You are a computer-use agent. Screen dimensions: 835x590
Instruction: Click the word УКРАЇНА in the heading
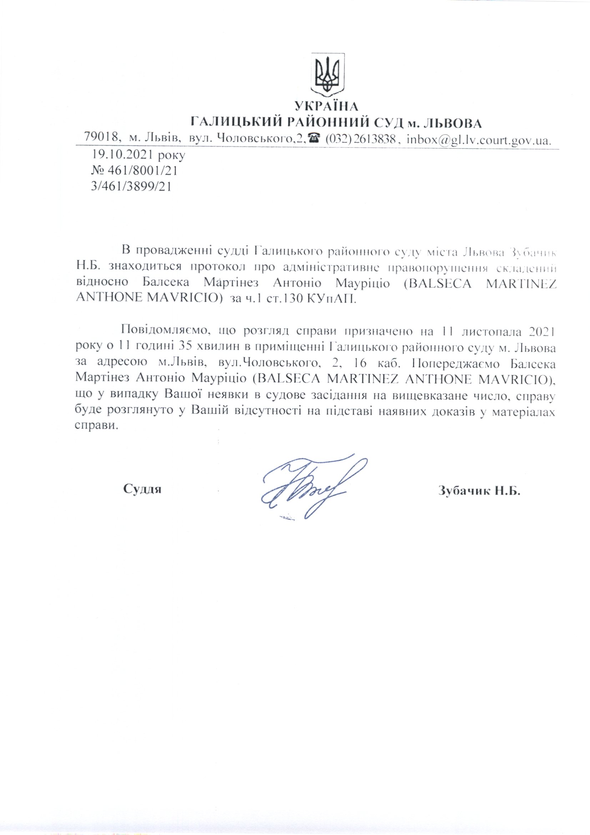[x=326, y=106]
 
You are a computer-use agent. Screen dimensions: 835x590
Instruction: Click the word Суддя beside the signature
[x=142, y=489]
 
